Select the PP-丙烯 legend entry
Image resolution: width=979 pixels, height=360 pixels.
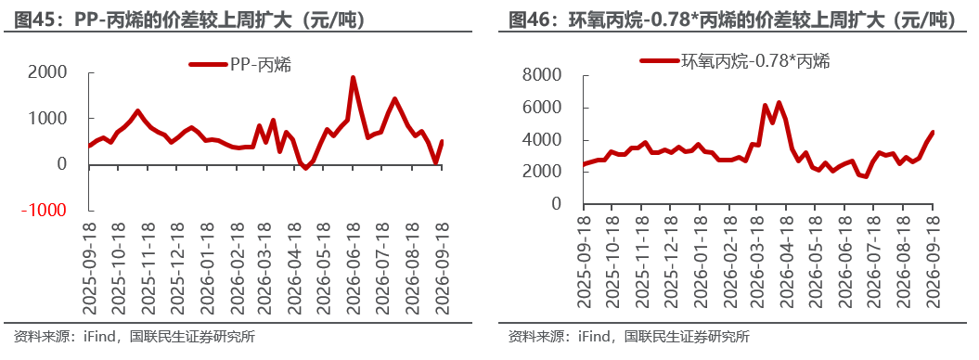(x=239, y=64)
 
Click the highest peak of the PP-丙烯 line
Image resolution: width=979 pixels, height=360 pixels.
(x=353, y=78)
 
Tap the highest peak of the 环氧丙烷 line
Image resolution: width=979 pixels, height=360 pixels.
(x=779, y=102)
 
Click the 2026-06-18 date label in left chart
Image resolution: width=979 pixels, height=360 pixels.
(x=353, y=268)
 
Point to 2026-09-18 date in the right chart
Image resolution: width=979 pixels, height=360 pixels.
(x=933, y=262)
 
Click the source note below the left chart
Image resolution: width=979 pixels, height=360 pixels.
(x=135, y=338)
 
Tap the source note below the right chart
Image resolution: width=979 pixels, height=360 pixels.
(x=629, y=338)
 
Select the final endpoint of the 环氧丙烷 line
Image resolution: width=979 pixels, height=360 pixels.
(x=933, y=133)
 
